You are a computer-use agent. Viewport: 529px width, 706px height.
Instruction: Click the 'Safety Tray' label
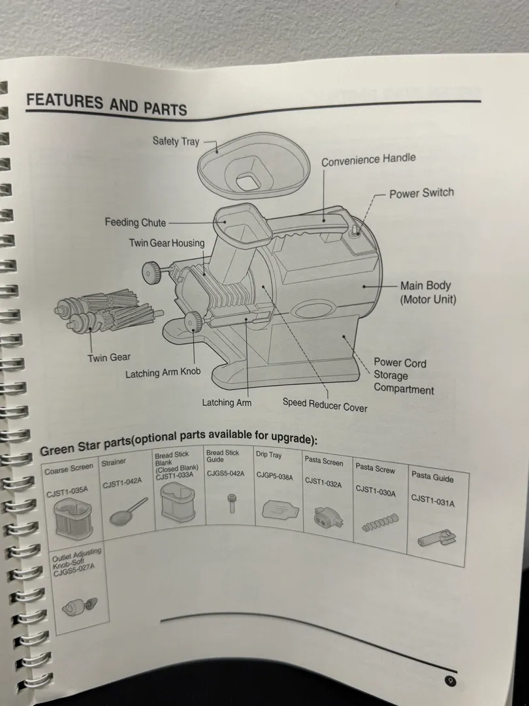click(176, 141)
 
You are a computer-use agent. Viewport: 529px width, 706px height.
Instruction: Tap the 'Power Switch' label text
click(421, 193)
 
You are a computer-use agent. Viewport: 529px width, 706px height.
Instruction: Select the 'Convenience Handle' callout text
click(368, 160)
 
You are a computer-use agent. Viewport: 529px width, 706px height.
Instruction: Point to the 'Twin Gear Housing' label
click(167, 243)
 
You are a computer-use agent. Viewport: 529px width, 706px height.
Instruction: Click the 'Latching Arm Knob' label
click(163, 373)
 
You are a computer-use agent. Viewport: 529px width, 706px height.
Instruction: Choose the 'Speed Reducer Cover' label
click(325, 405)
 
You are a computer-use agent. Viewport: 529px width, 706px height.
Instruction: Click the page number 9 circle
click(450, 681)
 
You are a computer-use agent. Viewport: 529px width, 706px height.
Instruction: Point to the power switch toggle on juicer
click(355, 230)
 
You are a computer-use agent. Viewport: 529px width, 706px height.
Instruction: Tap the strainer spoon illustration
click(128, 512)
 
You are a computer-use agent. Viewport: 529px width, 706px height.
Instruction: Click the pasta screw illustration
click(380, 523)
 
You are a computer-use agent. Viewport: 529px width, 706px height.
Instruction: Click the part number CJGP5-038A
click(274, 476)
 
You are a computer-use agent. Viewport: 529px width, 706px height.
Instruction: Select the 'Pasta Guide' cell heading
click(432, 477)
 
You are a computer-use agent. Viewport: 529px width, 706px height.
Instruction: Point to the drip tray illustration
click(280, 510)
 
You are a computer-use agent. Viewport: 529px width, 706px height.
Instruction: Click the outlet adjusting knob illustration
click(80, 607)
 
